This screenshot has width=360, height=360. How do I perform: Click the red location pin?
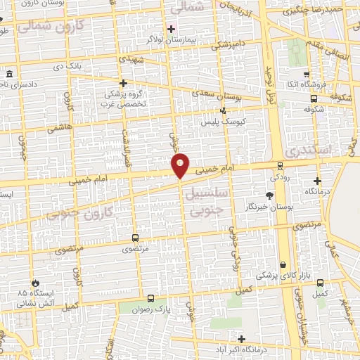click(x=181, y=165)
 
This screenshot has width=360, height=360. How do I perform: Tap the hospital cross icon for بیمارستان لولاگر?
click(x=171, y=29)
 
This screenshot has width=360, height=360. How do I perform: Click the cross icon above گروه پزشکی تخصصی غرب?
click(x=124, y=83)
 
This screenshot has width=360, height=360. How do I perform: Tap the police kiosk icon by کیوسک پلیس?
click(x=224, y=110)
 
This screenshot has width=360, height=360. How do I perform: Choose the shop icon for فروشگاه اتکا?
click(x=305, y=75)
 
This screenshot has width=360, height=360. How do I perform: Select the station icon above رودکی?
click(x=281, y=167)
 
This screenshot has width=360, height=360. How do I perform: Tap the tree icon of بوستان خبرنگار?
click(x=270, y=196)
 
